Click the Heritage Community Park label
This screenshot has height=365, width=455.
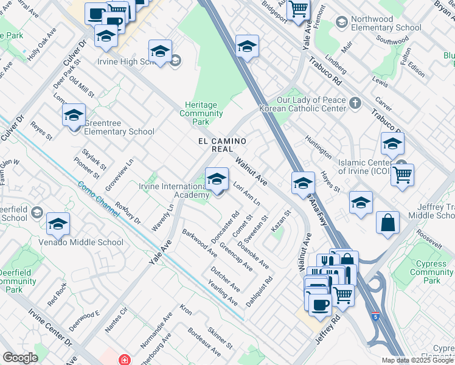[x=201, y=113]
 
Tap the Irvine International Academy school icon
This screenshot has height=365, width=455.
[x=216, y=179]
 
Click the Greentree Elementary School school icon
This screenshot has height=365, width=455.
[x=74, y=115]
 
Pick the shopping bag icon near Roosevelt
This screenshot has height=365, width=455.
[x=387, y=223]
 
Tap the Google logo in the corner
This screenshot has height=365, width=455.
[x=20, y=358]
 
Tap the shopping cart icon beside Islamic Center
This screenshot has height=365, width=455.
[x=402, y=175]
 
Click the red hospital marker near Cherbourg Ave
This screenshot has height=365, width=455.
[x=124, y=360]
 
